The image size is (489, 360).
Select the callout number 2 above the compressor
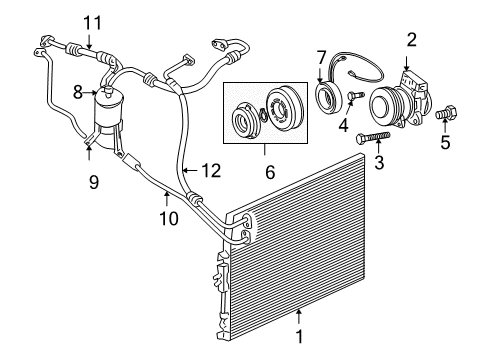pos(410,39)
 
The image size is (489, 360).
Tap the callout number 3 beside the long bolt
pos(379,162)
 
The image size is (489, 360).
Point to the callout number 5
pos(446,142)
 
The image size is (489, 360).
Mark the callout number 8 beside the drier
pos(77,91)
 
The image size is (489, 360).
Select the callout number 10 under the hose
pos(167,216)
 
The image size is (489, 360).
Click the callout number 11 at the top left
pos(92,22)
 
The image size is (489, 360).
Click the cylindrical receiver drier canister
pos(105,112)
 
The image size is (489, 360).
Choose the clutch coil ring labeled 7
pos(327,97)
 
